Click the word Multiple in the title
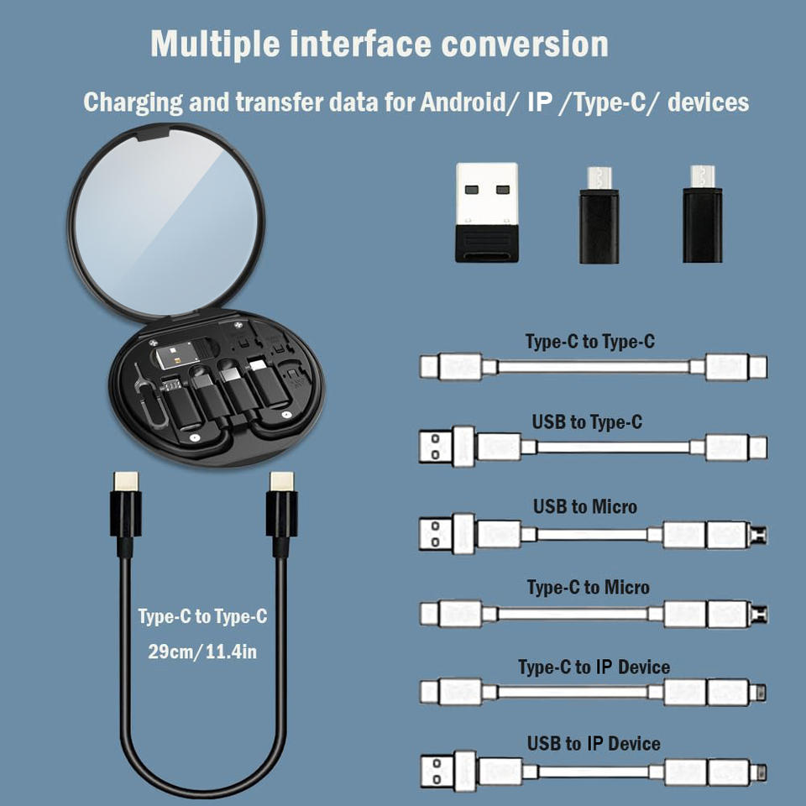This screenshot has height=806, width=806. (216, 44)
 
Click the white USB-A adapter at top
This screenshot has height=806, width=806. (486, 212)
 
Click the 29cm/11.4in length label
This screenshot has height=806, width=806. (202, 652)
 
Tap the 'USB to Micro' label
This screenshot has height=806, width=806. (585, 507)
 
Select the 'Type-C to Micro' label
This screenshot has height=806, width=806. (588, 587)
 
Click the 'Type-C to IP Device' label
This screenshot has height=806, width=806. (594, 667)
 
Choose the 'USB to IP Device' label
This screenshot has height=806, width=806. (594, 743)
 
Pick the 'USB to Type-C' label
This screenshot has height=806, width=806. (587, 422)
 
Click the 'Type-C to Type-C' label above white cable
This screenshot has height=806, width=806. (590, 342)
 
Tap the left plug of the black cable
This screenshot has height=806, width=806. (125, 514)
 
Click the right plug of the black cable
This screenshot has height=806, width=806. (282, 514)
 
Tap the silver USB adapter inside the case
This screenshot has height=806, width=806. (177, 354)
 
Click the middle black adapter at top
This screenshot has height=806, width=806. (599, 215)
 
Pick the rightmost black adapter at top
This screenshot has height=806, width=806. (702, 214)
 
